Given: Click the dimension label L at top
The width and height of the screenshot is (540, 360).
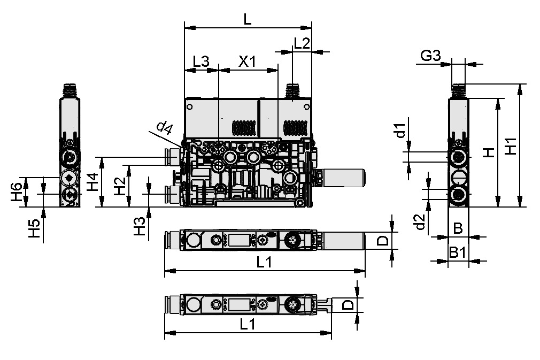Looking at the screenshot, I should point(246,19).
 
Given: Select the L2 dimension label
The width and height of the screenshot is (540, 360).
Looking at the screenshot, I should point(302,44).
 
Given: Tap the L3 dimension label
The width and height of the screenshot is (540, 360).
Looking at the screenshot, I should point(200,61).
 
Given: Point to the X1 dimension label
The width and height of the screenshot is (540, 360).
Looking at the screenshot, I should point(247,61).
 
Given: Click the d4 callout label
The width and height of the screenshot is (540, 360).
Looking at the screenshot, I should point(164,127).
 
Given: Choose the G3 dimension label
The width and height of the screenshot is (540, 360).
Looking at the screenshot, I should point(430,55).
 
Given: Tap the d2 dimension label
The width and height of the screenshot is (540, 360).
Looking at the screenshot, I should point(420,222).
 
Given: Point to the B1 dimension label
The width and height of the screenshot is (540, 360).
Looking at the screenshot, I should point(458,252).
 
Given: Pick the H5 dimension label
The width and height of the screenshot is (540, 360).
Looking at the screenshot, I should point(34,228).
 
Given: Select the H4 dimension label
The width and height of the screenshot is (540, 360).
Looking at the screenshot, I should point(92,182).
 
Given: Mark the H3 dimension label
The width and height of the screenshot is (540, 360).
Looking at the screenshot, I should point(139,226).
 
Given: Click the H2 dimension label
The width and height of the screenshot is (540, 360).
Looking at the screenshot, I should point(121,186).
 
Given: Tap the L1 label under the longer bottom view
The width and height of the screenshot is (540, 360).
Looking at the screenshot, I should point(264,262).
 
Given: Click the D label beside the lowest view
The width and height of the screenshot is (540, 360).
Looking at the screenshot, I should point(348,305).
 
